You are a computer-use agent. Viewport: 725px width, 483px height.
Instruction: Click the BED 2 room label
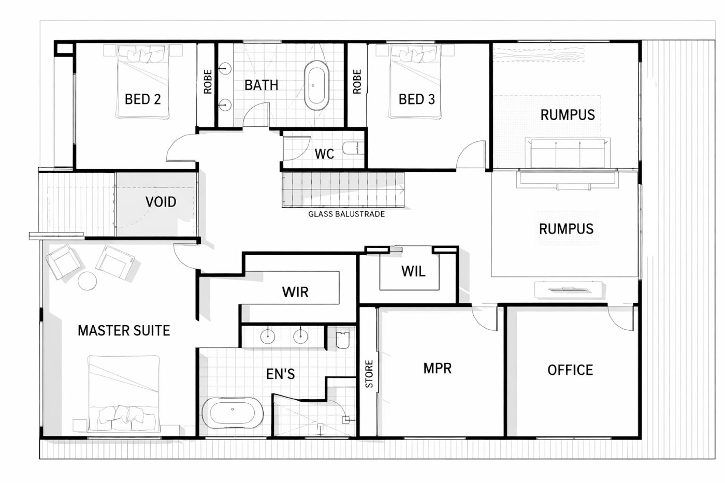(143, 99)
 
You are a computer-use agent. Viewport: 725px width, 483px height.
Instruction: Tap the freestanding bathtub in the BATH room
(316, 85)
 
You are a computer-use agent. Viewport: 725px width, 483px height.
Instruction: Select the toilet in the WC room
(353, 148)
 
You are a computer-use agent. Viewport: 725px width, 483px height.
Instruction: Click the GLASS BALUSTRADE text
(346, 214)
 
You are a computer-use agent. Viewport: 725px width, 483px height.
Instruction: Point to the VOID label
(161, 202)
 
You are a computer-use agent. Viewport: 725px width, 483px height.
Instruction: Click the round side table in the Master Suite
(88, 281)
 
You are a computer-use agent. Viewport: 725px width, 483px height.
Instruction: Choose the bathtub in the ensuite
(233, 413)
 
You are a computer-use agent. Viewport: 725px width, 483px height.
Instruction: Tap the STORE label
(369, 374)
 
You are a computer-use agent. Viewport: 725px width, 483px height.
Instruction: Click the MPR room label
(437, 368)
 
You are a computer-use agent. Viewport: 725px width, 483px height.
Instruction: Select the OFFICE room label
(570, 370)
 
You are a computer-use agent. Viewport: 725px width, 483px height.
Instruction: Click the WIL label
(413, 271)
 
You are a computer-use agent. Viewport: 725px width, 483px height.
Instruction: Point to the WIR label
(295, 292)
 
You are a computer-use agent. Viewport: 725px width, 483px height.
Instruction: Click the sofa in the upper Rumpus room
(568, 153)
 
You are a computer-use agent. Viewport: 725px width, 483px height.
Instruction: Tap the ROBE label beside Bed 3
(357, 81)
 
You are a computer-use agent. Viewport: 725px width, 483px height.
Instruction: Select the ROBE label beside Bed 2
(208, 81)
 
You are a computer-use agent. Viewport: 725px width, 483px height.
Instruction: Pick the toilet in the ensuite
(342, 340)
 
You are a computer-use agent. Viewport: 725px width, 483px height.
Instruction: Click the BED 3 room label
(416, 99)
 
